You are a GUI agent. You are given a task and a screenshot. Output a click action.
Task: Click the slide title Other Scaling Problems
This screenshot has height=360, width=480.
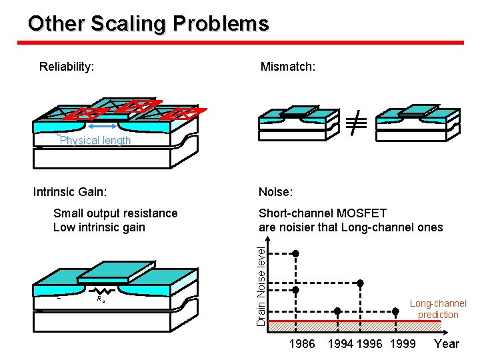[148, 24]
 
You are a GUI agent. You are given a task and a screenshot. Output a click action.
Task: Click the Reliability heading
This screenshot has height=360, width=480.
[66, 67]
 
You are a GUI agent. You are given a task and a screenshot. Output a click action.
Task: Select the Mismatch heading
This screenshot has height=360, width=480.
[287, 67]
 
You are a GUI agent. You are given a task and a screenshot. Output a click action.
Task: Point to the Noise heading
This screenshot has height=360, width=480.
[275, 193]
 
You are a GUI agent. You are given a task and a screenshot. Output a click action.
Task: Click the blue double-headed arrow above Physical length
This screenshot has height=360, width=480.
[105, 126]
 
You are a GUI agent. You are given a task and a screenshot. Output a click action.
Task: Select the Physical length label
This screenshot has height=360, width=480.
[95, 141]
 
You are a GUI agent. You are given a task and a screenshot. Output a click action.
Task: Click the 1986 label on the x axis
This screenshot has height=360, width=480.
[302, 344]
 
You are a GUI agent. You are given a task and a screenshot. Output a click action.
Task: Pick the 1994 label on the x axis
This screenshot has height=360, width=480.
[341, 344]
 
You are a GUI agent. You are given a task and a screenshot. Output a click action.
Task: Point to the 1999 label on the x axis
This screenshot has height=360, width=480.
[403, 344]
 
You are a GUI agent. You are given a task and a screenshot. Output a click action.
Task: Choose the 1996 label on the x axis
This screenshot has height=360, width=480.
[370, 344]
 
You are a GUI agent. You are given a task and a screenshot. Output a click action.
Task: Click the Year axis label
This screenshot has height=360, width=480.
[446, 344]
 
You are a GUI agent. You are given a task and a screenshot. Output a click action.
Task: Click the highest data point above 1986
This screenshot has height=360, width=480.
[297, 253]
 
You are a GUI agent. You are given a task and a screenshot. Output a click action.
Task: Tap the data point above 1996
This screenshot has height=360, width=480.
[361, 283]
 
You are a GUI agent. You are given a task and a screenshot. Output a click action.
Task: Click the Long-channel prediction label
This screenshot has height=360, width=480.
[438, 309]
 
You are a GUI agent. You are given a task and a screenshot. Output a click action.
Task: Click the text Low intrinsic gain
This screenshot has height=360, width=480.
[99, 227]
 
